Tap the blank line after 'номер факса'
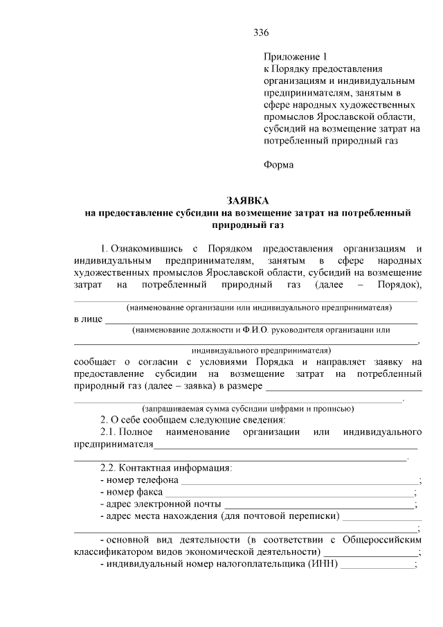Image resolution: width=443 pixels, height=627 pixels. tap(288, 494)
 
